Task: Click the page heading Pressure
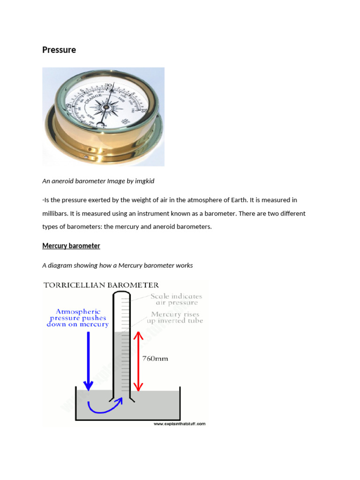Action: [59, 50]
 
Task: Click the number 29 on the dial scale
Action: [70, 107]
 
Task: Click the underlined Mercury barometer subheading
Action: [71, 246]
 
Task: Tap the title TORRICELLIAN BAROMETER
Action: [101, 285]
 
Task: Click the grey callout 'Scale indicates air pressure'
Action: [176, 299]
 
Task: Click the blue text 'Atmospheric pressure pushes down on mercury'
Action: [78, 318]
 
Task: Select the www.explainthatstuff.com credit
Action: [180, 424]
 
